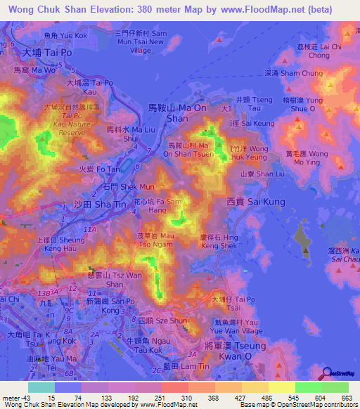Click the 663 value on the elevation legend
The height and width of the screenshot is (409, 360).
tap(346, 397)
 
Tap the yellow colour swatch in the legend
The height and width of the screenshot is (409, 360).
tap(281, 387)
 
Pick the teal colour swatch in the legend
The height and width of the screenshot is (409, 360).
tap(41, 387)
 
